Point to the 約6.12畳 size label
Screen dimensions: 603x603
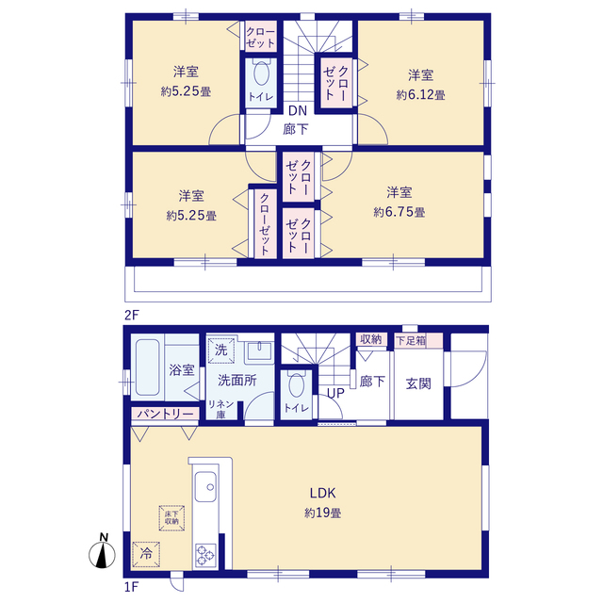point(420,94)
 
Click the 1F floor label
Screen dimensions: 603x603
point(131,586)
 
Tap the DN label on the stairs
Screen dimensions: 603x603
point(298,110)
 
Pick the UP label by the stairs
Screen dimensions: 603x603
point(335,394)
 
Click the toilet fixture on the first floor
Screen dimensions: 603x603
point(296,385)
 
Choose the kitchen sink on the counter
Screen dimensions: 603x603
point(206,490)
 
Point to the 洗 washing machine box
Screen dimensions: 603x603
point(220,349)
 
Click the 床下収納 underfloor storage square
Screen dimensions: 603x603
point(171,515)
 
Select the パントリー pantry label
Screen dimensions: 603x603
point(163,414)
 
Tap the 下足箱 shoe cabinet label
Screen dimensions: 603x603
point(410,339)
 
